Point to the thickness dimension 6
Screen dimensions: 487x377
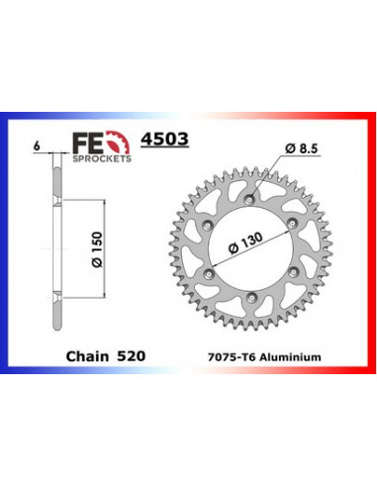36,146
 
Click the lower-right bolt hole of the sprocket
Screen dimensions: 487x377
288,277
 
